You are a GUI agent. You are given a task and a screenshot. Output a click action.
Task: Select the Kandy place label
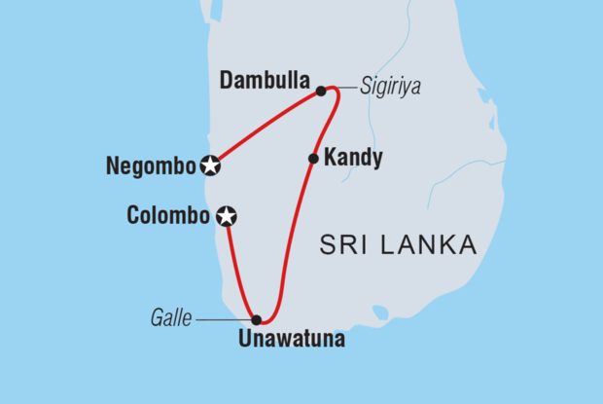pyautogui.click(x=355, y=157)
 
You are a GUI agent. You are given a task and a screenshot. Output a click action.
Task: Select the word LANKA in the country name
pyautogui.click(x=430, y=245)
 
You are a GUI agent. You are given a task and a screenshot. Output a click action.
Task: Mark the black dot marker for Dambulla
pyautogui.click(x=320, y=92)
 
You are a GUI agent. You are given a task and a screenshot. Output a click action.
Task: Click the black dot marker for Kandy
pyautogui.click(x=313, y=159)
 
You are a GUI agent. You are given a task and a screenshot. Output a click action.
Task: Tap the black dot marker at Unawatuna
pyautogui.click(x=256, y=318)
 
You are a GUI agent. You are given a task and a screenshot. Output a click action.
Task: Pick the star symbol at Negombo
pyautogui.click(x=209, y=165)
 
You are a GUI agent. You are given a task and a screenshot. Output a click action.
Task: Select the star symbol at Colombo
pyautogui.click(x=226, y=215)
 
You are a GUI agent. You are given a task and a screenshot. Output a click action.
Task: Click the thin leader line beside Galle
pyautogui.click(x=224, y=318)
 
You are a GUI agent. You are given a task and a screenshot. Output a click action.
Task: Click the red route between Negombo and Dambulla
pyautogui.click(x=265, y=127)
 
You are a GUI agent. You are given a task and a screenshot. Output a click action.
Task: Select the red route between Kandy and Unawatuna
pyautogui.click(x=289, y=243)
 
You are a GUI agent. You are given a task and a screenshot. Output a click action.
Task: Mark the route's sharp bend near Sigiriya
pyautogui.click(x=336, y=91)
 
